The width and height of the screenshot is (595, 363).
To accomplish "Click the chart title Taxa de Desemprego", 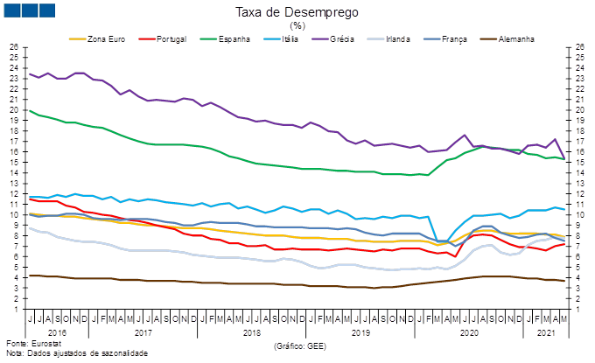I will click(297, 13).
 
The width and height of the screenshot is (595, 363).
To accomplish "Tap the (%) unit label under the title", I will click(297, 26).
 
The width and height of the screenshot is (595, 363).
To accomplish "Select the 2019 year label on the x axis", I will click(360, 332).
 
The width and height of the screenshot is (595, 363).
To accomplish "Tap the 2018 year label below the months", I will click(251, 332).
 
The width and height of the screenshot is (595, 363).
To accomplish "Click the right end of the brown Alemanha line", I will click(562, 281).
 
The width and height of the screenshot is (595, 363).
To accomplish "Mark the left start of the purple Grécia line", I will click(31, 73).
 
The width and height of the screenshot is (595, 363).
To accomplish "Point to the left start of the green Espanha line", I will click(31, 110).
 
